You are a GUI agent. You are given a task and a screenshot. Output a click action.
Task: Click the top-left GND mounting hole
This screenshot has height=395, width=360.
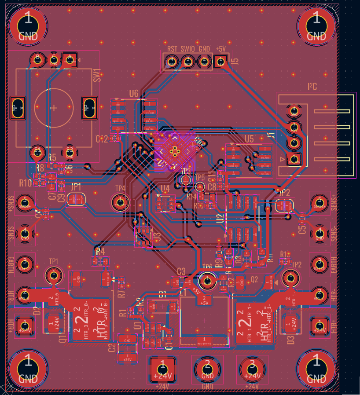coord(28,26)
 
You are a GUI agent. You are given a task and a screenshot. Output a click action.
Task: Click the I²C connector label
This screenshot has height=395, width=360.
coord(313,87)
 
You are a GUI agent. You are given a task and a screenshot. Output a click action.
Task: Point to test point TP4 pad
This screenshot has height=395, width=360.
coord(120,202)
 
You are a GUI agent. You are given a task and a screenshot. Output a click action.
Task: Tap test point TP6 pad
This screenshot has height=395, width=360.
coord(207,280)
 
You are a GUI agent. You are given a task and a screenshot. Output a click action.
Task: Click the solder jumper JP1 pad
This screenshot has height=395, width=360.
coord(76,199)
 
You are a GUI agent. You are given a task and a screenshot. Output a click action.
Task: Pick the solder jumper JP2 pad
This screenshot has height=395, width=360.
coord(284,205)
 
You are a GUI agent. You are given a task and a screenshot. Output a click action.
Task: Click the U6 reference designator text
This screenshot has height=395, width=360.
coord(134,94)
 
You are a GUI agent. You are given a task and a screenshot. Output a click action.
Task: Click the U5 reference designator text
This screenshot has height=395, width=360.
coord(249,139)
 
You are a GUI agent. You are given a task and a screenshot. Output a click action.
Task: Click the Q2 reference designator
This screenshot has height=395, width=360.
coord(254,278)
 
